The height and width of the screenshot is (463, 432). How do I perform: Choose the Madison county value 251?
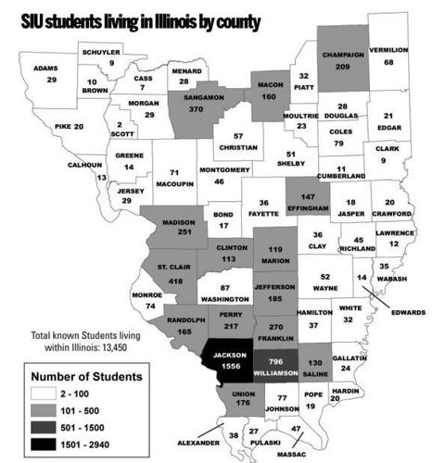(176, 232)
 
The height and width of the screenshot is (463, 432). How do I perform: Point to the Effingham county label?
(309, 208)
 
